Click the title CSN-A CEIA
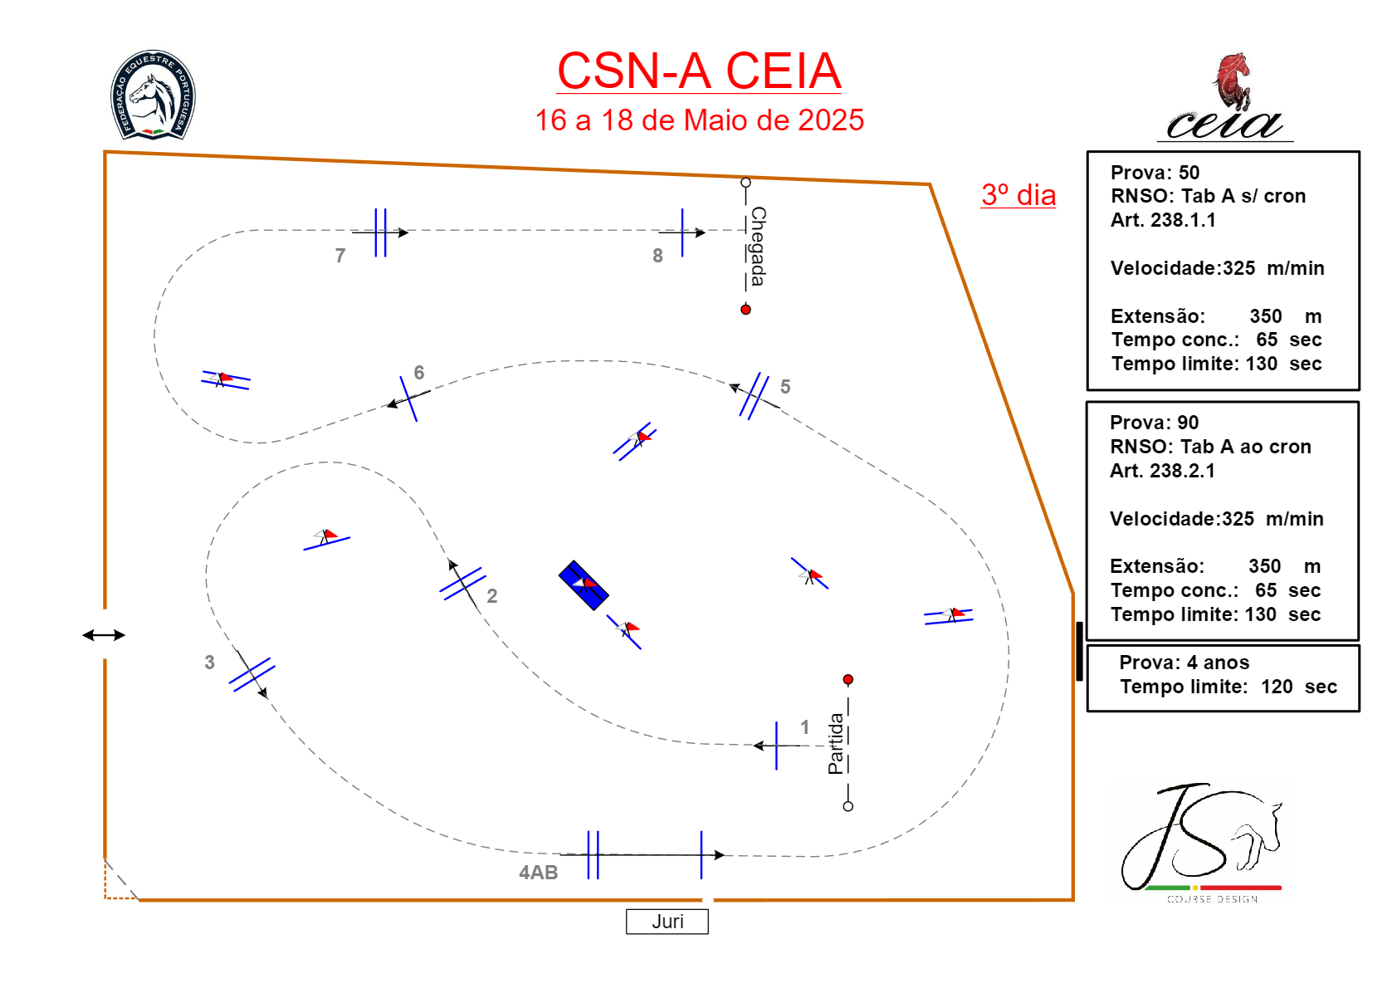click(699, 71)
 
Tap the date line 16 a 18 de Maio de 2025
click(699, 120)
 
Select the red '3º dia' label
click(1018, 195)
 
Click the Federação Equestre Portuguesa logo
click(153, 95)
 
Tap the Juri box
click(667, 922)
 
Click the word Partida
click(836, 744)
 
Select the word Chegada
click(758, 247)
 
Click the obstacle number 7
click(340, 256)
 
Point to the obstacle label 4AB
click(538, 873)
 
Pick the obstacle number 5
click(785, 387)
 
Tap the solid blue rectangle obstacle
click(583, 585)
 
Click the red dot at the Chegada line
click(745, 310)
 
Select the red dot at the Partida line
click(847, 680)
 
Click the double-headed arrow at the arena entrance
click(104, 635)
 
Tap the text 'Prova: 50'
click(1155, 173)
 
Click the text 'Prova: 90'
click(1154, 423)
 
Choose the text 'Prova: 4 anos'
click(1184, 663)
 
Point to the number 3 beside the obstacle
click(209, 663)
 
